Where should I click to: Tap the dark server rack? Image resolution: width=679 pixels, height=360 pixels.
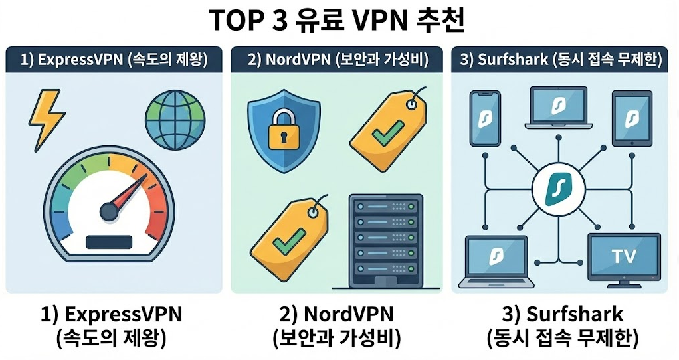pos(386,242)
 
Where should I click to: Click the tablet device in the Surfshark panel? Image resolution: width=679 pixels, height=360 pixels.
pos(630,118)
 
